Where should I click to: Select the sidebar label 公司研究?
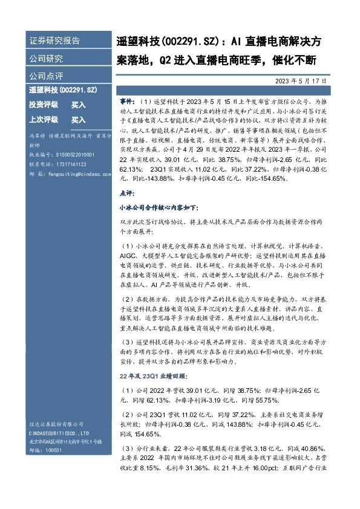46,59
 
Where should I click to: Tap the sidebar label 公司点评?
46,77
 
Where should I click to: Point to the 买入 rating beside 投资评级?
79,105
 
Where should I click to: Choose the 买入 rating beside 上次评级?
79,120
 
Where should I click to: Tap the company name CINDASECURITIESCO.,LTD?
59,433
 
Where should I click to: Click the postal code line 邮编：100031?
46,450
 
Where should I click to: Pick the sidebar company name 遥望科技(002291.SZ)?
63,90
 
